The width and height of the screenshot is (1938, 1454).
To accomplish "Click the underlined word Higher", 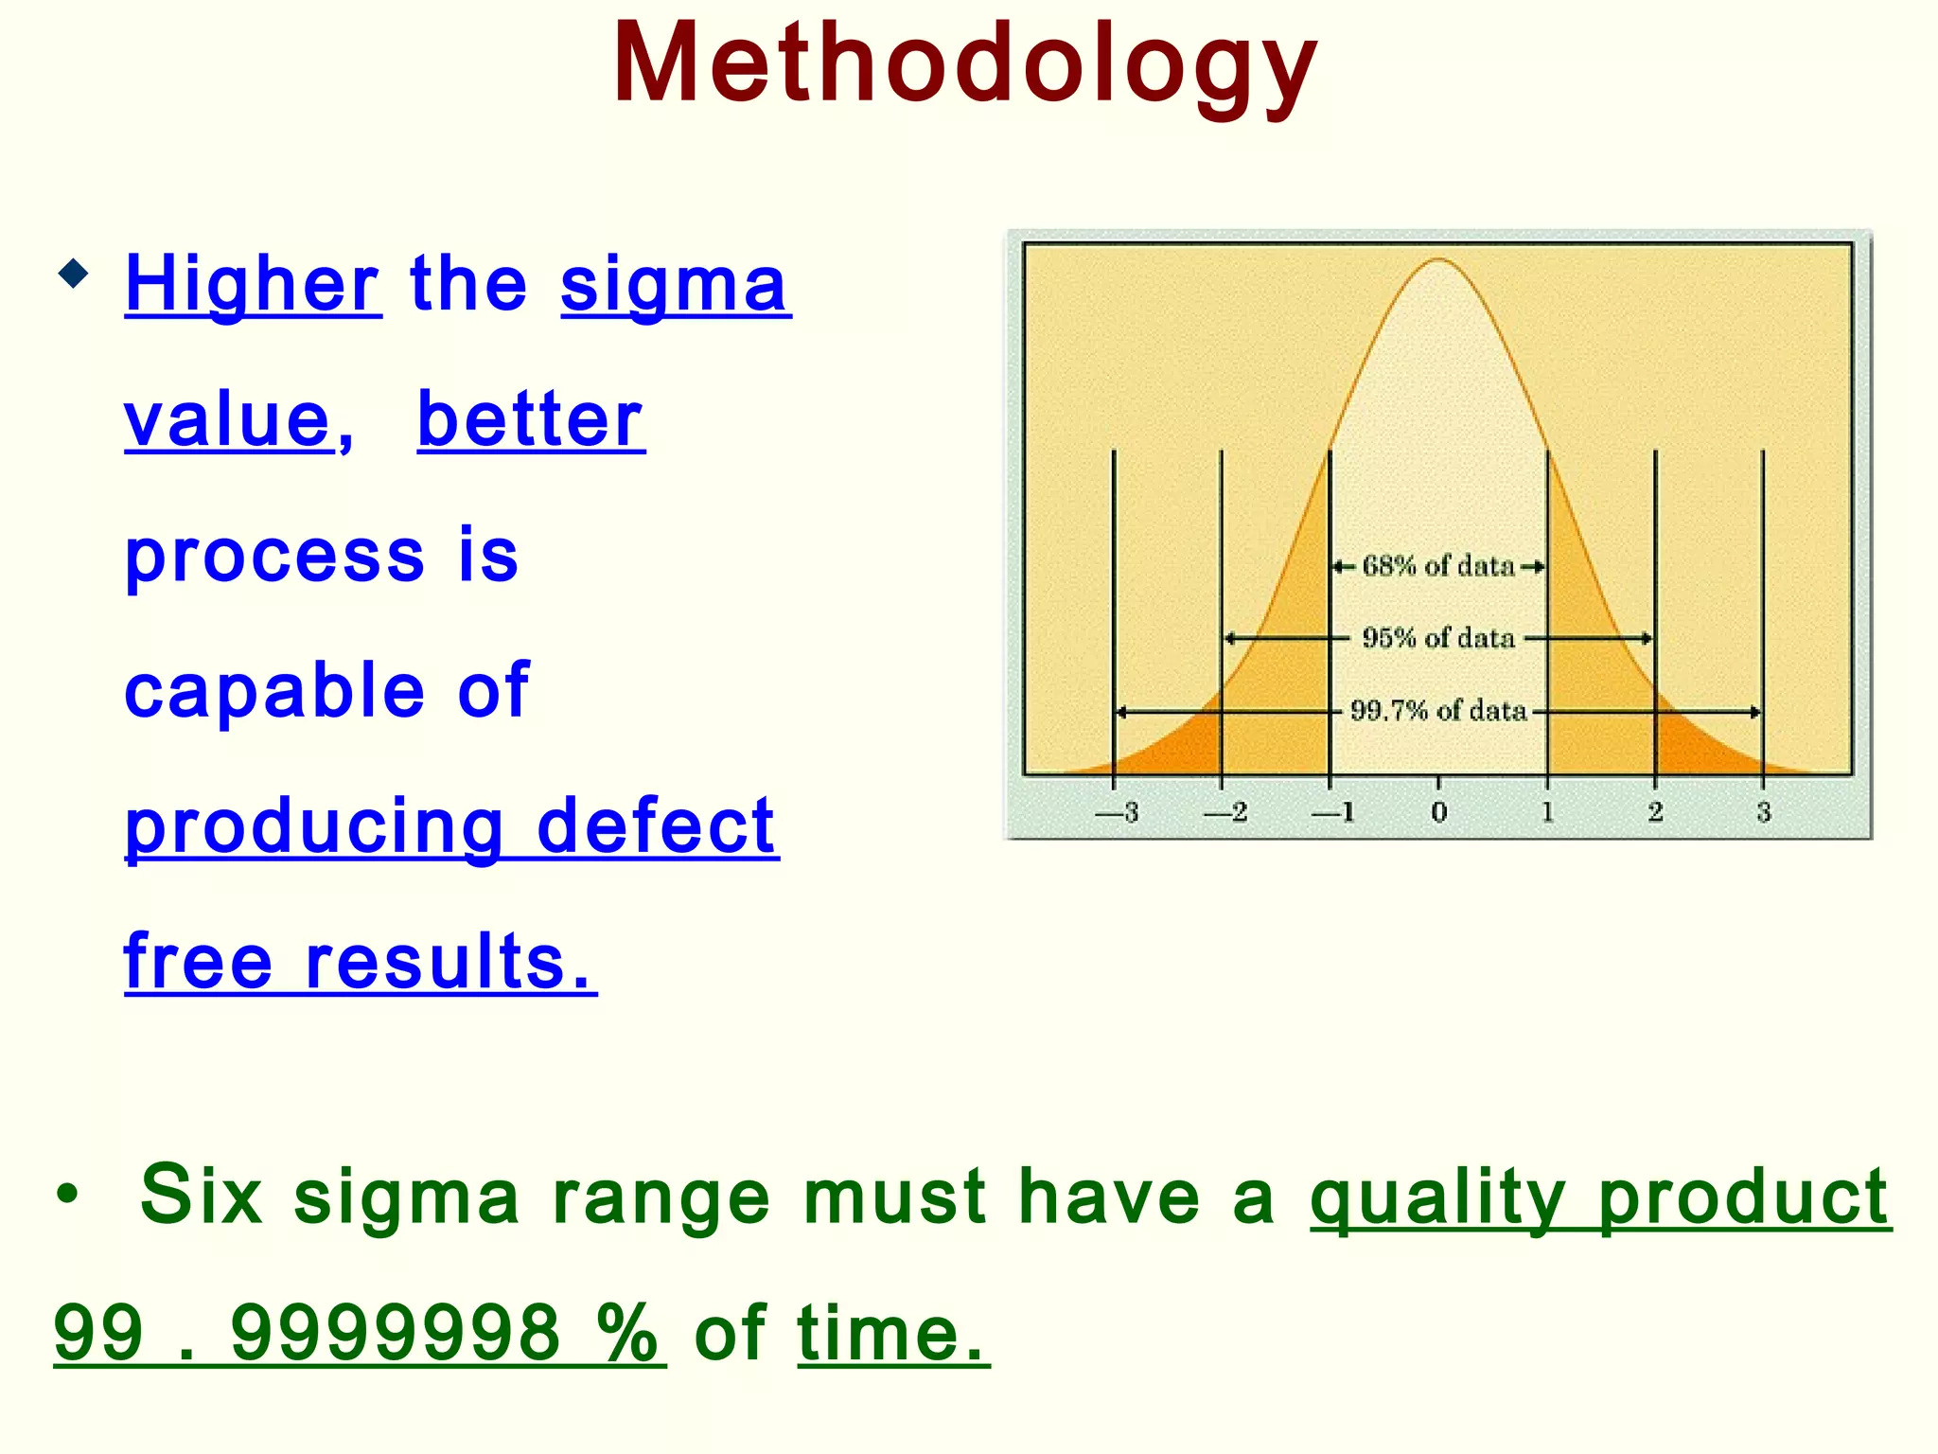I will [253, 283].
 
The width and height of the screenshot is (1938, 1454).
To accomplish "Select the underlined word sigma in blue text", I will [675, 283].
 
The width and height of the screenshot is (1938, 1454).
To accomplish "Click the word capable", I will [274, 690].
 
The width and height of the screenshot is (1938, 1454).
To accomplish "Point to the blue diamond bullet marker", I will [73, 275].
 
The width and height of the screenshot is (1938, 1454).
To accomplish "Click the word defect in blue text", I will [657, 826].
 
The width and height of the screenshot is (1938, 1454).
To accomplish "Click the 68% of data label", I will [1438, 566].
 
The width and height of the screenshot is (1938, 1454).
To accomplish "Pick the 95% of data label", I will [1438, 638].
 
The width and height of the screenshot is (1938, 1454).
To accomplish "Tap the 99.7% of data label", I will [1438, 711].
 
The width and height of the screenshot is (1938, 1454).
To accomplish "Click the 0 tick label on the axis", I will [1438, 812].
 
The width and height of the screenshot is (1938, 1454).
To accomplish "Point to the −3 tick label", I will [1117, 812].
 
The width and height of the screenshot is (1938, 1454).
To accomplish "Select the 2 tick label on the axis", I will [1655, 812].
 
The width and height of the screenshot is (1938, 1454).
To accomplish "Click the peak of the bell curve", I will [1438, 260].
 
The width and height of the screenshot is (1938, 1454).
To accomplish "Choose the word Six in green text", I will [201, 1196].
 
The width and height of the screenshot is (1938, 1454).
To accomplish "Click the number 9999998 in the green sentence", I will [396, 1333].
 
